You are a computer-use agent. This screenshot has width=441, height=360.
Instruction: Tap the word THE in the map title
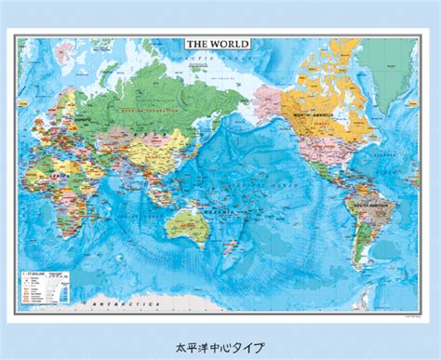pos(196,44)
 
